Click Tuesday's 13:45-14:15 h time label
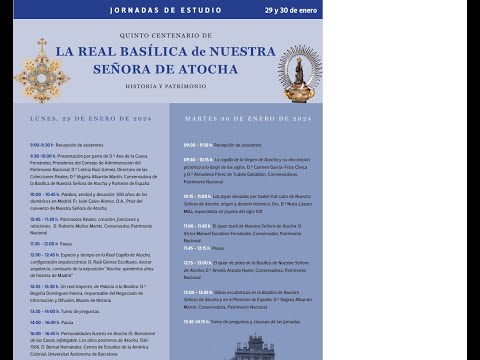click(196, 321)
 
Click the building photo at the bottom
click(253, 348)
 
